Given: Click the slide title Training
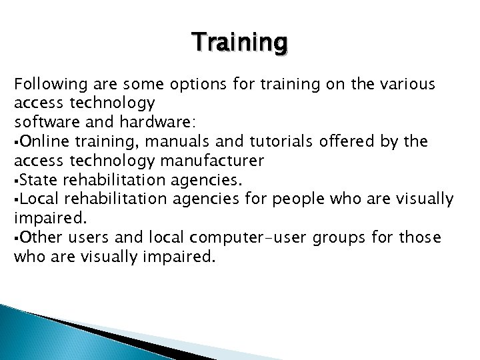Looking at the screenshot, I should tap(240, 43).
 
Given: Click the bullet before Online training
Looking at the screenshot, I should tap(16, 142).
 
